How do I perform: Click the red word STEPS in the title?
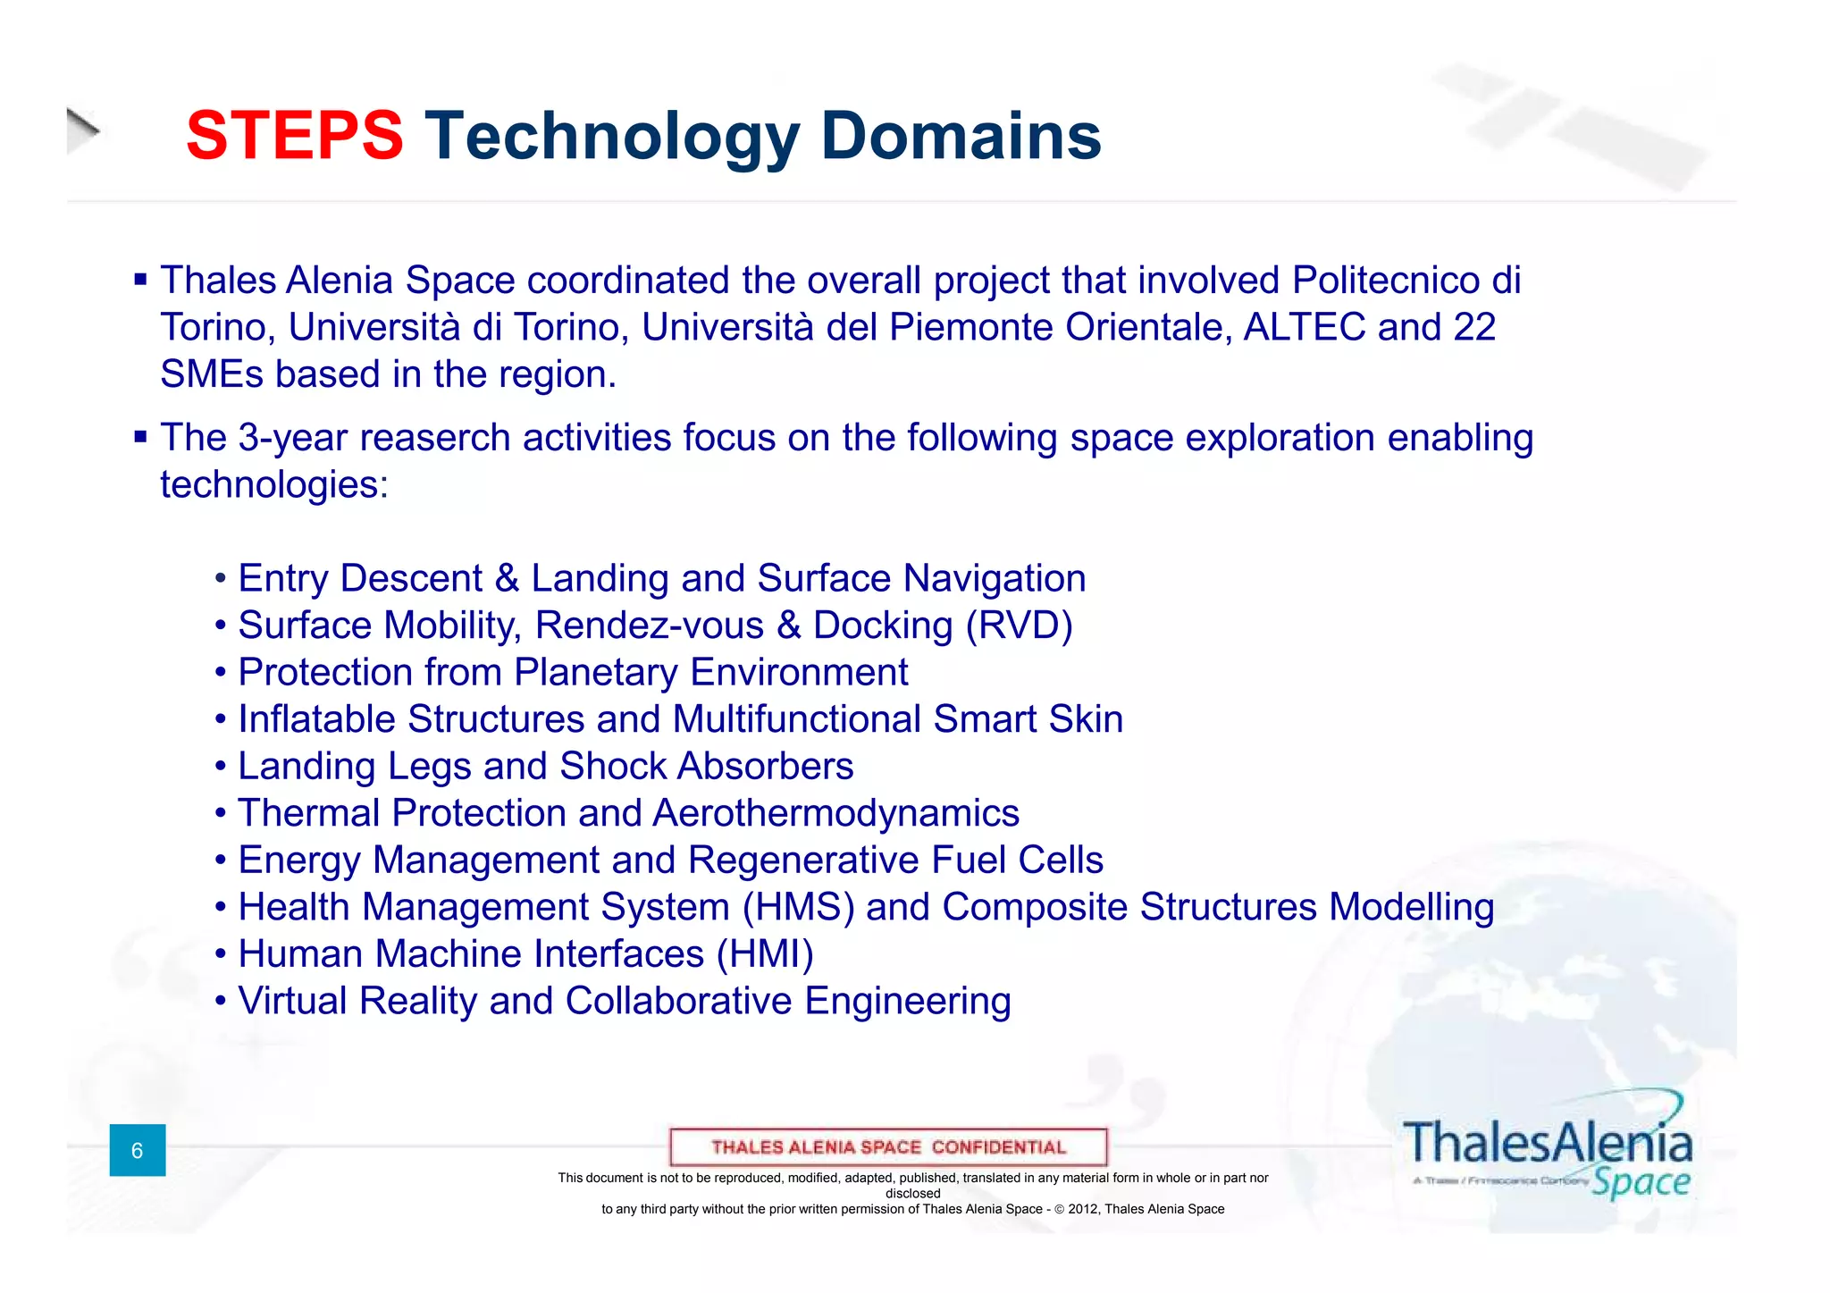click(x=295, y=136)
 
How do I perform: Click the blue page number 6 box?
click(x=138, y=1150)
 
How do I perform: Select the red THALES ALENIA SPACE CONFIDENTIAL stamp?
click(x=888, y=1147)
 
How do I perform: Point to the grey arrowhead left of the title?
click(x=82, y=130)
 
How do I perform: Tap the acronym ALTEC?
click(x=1305, y=327)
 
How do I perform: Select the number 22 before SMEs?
click(x=1474, y=327)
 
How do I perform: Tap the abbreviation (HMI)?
click(x=765, y=954)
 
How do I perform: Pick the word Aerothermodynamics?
click(x=836, y=813)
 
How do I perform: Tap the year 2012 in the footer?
click(x=1083, y=1209)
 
